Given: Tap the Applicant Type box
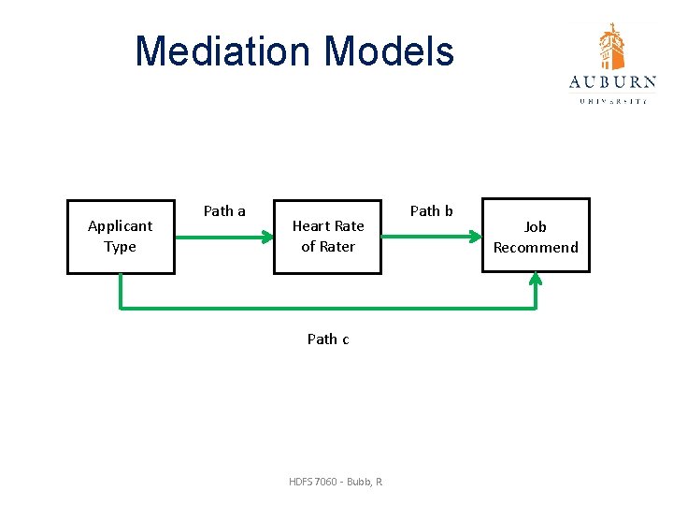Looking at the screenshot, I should pos(121,237).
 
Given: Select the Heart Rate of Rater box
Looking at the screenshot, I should pos(327,237).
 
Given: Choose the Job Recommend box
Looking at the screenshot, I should pos(536,236).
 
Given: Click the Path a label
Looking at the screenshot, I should pos(224,211).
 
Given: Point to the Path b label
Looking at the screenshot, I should pos(431,211).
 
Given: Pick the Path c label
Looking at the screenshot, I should pos(328,339).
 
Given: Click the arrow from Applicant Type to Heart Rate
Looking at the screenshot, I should pos(223,237).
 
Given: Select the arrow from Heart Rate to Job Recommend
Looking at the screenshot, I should pos(431,237).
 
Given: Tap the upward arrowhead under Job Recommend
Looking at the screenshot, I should pos(536,280).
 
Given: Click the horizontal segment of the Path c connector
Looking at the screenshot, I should pos(327,307).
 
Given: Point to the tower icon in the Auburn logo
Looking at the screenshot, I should pos(612,47).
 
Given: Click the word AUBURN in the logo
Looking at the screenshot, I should pos(612,82).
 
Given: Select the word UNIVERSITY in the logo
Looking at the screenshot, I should pos(612,100).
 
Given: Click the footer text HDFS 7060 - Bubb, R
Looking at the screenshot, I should pos(336,482).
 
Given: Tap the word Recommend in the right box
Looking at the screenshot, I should pos(536,248).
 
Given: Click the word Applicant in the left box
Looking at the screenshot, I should pos(120,226).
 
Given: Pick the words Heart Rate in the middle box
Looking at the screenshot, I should pos(328,226).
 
